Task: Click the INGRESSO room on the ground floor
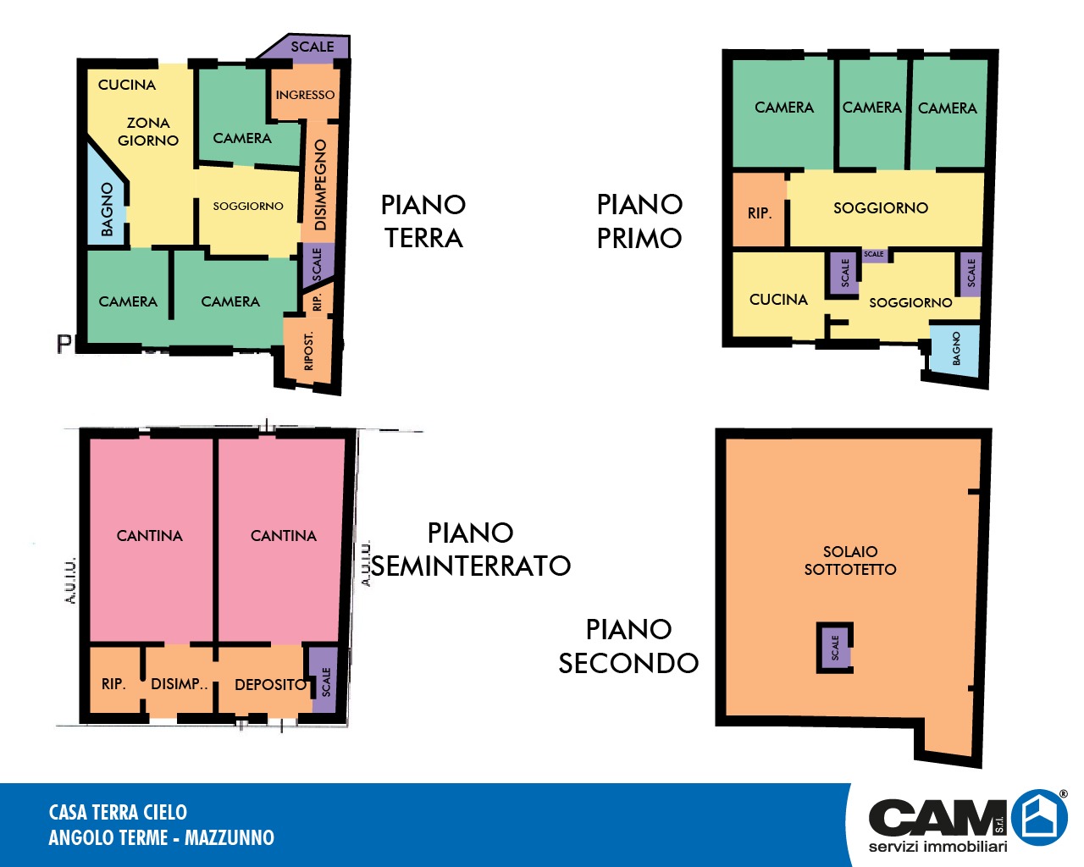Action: click(x=305, y=94)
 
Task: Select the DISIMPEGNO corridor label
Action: click(x=320, y=185)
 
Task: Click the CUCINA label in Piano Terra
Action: click(x=127, y=85)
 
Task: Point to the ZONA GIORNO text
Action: click(x=148, y=131)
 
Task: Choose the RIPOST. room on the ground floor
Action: click(x=308, y=351)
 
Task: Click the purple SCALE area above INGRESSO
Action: click(x=308, y=48)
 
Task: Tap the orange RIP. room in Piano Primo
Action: click(x=759, y=211)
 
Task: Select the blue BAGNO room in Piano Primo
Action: click(x=954, y=350)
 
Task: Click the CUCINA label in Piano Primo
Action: click(x=778, y=300)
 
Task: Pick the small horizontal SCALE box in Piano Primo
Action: click(x=874, y=255)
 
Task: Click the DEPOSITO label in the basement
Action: click(x=271, y=685)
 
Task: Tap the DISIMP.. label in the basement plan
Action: click(x=180, y=683)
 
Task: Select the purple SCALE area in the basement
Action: click(x=324, y=680)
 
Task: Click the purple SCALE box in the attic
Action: click(x=835, y=648)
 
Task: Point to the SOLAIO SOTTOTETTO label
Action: click(x=850, y=561)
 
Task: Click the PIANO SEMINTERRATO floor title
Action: click(x=471, y=549)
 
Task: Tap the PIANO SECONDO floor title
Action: click(x=628, y=646)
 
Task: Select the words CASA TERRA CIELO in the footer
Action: click(x=118, y=812)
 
